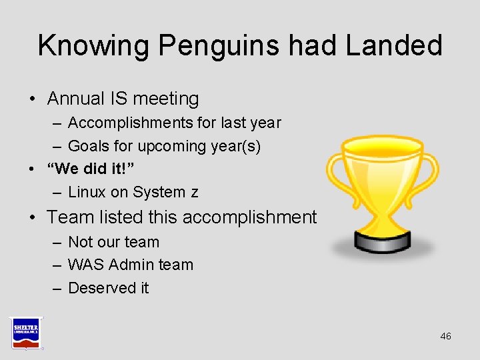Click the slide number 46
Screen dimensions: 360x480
click(445, 336)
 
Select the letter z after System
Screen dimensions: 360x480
click(194, 193)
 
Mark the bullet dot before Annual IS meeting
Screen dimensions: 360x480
click(32, 99)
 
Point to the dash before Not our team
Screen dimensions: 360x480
click(57, 242)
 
